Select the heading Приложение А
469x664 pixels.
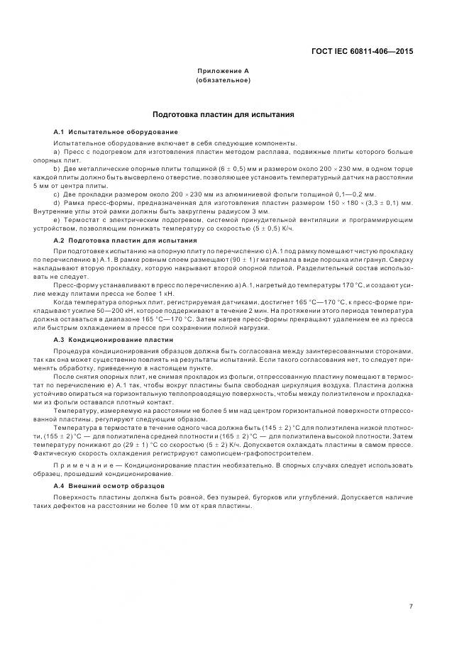(x=223, y=72)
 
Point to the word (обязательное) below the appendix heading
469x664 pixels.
(x=223, y=80)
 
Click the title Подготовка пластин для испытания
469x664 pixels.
(x=223, y=114)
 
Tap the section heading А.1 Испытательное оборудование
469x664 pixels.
(x=116, y=133)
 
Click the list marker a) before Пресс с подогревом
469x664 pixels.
(x=56, y=153)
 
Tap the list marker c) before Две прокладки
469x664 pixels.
(x=56, y=194)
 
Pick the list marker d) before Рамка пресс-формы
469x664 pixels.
(x=56, y=203)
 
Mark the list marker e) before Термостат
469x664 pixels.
(x=56, y=220)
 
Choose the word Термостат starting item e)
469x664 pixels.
(x=79, y=220)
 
